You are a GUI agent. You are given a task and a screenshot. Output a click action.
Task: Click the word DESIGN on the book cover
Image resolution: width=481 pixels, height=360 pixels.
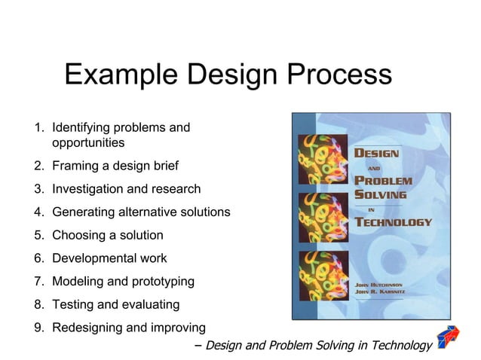377,153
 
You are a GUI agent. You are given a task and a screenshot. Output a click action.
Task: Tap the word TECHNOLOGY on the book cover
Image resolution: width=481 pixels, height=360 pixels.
393,222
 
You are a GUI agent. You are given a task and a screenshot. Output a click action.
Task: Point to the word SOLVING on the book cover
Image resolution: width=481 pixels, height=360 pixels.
381,194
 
